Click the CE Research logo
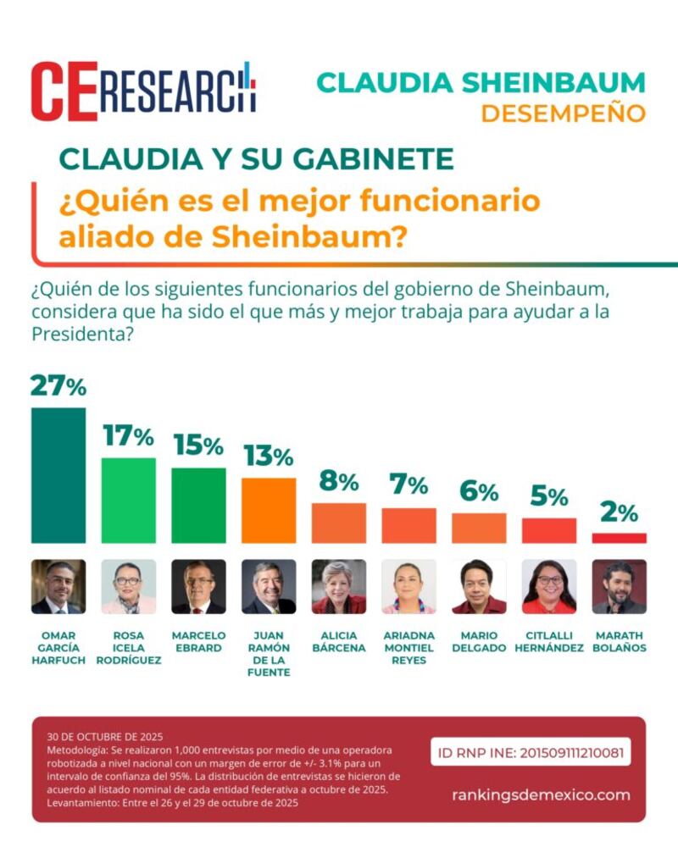[x=143, y=91]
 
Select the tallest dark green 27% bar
[x=58, y=475]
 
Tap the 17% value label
[x=128, y=436]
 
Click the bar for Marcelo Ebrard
[x=198, y=505]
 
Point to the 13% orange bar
[x=269, y=510]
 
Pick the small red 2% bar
[x=619, y=538]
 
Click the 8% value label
[x=338, y=482]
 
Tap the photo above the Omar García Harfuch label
[x=58, y=586]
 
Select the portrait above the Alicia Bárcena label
[x=339, y=586]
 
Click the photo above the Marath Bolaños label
[x=619, y=586]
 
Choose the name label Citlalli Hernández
[x=549, y=642]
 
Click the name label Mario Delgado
[x=479, y=642]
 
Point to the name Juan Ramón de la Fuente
[x=269, y=654]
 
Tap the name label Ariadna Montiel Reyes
[x=408, y=648]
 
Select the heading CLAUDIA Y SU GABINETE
[x=256, y=158]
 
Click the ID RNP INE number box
[x=531, y=751]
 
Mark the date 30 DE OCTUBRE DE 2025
[x=105, y=737]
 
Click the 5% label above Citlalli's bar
[x=548, y=497]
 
